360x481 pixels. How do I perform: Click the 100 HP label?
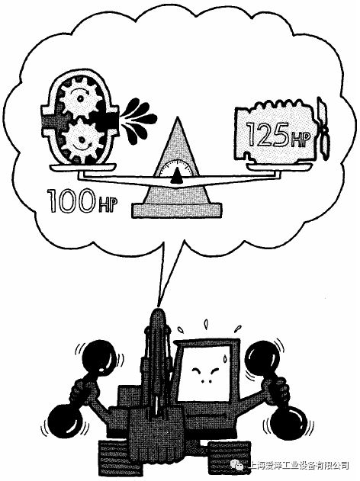(x=82, y=201)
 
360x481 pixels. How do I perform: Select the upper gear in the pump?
(x=80, y=98)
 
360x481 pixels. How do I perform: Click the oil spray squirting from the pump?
(x=138, y=120)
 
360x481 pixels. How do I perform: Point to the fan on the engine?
(x=323, y=129)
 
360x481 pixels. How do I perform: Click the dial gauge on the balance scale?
(x=176, y=170)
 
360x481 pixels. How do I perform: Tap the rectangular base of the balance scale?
(x=176, y=210)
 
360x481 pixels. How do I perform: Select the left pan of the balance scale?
(x=83, y=167)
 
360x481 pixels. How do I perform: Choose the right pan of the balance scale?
(x=279, y=167)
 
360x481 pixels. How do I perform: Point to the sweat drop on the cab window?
(x=226, y=358)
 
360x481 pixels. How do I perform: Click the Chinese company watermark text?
(x=299, y=465)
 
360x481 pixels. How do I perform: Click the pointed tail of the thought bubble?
(x=159, y=305)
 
